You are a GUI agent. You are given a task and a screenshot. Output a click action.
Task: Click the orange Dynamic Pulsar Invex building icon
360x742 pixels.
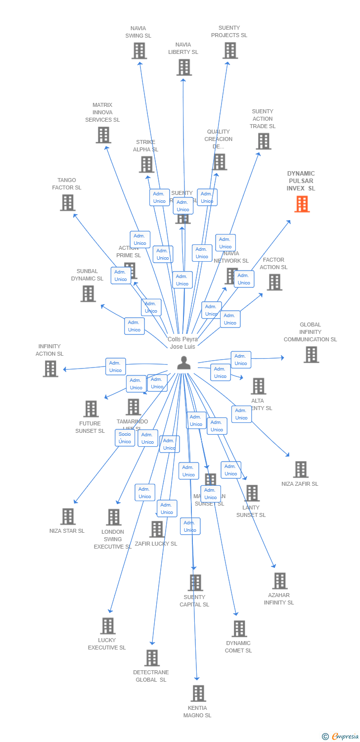(x=302, y=204)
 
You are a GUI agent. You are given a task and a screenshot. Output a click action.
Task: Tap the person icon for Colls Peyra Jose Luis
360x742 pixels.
(x=183, y=363)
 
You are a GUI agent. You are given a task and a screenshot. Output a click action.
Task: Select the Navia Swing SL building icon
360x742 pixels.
(x=139, y=50)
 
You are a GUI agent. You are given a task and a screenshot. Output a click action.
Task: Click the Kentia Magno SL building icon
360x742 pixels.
(x=198, y=694)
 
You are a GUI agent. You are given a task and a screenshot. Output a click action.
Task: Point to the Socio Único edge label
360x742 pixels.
(x=125, y=438)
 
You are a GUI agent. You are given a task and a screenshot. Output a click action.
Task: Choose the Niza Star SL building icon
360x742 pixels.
(x=68, y=516)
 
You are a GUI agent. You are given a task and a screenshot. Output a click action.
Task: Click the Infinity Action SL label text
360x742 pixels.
(x=49, y=350)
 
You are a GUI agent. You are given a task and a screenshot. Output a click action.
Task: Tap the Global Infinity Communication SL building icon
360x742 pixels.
(x=311, y=354)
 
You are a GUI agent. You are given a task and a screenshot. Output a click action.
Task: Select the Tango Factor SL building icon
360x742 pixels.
(x=67, y=202)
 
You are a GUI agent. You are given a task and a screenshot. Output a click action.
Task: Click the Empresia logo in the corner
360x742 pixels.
(x=341, y=737)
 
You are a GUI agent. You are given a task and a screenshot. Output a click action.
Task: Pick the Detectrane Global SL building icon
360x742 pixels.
(x=152, y=658)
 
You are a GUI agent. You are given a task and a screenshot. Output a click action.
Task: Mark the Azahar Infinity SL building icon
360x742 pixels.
(x=279, y=581)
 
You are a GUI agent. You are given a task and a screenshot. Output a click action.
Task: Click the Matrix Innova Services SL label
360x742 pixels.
(x=102, y=112)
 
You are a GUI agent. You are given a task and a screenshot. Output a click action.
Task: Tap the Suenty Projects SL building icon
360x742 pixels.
(x=229, y=50)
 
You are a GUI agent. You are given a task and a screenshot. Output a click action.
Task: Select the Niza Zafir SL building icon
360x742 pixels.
(x=300, y=469)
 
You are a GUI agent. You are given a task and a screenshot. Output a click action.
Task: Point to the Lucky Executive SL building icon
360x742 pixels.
(x=107, y=626)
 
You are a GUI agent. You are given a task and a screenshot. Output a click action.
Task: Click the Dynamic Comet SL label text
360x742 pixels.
(x=238, y=647)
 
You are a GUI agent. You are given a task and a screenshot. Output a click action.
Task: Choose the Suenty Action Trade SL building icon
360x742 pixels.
(x=263, y=141)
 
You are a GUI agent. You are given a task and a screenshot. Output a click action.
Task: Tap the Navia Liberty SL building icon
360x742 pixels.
(x=183, y=67)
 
